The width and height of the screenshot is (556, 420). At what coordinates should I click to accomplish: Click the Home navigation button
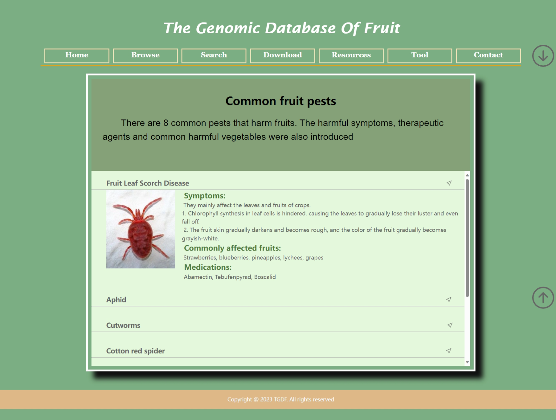(x=77, y=56)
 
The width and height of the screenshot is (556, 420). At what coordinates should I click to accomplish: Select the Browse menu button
(x=145, y=56)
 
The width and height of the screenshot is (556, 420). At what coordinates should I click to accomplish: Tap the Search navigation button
(x=214, y=56)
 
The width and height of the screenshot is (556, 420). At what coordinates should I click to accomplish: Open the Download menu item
(x=283, y=56)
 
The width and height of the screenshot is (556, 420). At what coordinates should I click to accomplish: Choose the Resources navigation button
(x=351, y=56)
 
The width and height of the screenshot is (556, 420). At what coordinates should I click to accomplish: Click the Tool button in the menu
(x=420, y=56)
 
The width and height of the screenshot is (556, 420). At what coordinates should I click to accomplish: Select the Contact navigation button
(x=488, y=56)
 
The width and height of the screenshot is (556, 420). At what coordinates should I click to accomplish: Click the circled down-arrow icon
(x=543, y=56)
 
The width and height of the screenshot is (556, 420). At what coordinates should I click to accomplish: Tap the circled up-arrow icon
(x=543, y=298)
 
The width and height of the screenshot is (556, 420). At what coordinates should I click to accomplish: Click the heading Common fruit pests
(x=281, y=101)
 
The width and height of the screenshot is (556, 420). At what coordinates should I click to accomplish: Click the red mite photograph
(x=141, y=229)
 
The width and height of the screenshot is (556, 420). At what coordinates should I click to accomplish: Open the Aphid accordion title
(x=116, y=300)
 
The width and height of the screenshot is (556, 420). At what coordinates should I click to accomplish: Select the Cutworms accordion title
(x=123, y=326)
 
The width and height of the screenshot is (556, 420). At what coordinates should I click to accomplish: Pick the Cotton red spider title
(x=136, y=351)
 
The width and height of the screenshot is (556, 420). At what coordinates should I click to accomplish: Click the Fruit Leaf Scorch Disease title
(x=148, y=183)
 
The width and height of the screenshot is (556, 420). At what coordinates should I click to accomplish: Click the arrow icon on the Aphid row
(x=449, y=300)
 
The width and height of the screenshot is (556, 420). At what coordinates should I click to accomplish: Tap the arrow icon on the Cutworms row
(x=450, y=325)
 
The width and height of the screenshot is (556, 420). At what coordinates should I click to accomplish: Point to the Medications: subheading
(x=208, y=267)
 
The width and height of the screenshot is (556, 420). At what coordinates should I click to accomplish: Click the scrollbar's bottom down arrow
(x=467, y=362)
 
